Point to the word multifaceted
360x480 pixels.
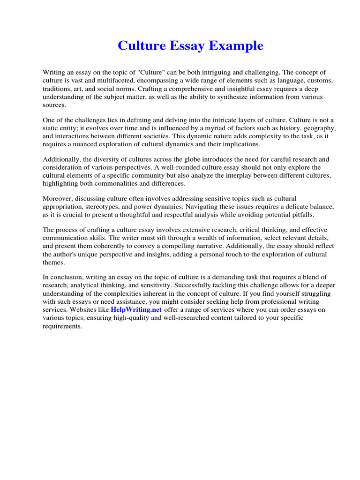coord(101,81)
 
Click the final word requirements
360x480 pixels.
coord(62,326)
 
